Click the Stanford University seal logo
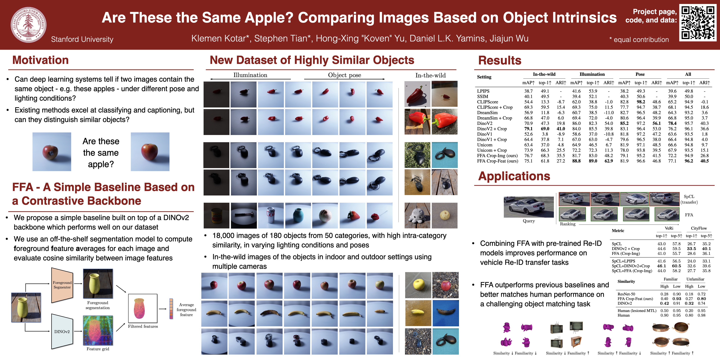click(x=28, y=25)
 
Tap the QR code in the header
click(x=698, y=22)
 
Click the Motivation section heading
click(x=40, y=60)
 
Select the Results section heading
click(x=500, y=60)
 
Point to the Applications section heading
click(x=514, y=176)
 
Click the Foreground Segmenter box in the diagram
click(x=62, y=285)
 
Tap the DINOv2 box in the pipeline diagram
click(x=62, y=332)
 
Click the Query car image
click(x=528, y=207)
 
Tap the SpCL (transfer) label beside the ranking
click(x=689, y=199)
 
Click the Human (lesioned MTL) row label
click(x=637, y=310)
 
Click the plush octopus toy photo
click(x=417, y=215)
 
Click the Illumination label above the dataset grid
click(x=250, y=75)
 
